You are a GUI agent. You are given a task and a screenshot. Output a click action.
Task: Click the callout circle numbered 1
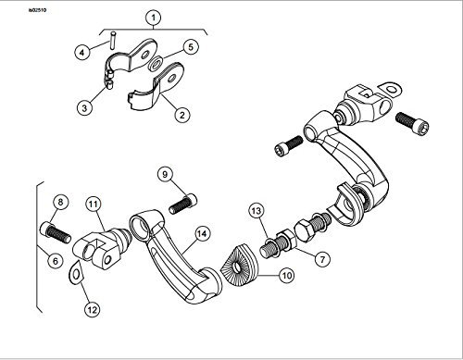tap(154, 19)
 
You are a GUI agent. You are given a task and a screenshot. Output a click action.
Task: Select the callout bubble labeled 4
tap(82, 53)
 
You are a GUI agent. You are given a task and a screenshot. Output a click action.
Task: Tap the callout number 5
tap(191, 47)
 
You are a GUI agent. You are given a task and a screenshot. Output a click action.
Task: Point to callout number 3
tap(84, 108)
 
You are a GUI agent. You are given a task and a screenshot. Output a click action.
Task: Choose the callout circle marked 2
tap(182, 115)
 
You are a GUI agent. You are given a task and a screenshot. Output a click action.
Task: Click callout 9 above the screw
tap(165, 175)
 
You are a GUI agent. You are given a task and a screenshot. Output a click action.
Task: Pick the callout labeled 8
tap(60, 203)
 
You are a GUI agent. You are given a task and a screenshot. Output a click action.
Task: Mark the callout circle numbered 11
tap(94, 204)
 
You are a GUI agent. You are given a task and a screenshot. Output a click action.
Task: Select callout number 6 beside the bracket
tap(56, 261)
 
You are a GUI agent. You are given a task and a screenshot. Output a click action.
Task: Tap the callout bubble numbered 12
tap(93, 309)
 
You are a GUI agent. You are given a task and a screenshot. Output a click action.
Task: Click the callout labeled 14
tap(202, 234)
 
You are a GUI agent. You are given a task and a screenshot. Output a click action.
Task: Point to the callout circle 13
tap(257, 211)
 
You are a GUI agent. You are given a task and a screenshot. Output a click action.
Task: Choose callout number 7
tap(322, 259)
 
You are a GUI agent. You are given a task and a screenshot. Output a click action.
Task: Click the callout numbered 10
tap(286, 275)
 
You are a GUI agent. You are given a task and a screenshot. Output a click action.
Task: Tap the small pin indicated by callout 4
tap(113, 40)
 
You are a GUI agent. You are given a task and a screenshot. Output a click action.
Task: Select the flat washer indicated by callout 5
tap(156, 63)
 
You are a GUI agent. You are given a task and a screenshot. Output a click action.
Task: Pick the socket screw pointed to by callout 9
tap(182, 204)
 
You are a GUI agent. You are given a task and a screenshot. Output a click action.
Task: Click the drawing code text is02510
tap(37, 10)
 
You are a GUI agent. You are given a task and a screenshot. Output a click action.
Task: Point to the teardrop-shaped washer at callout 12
tap(76, 272)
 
